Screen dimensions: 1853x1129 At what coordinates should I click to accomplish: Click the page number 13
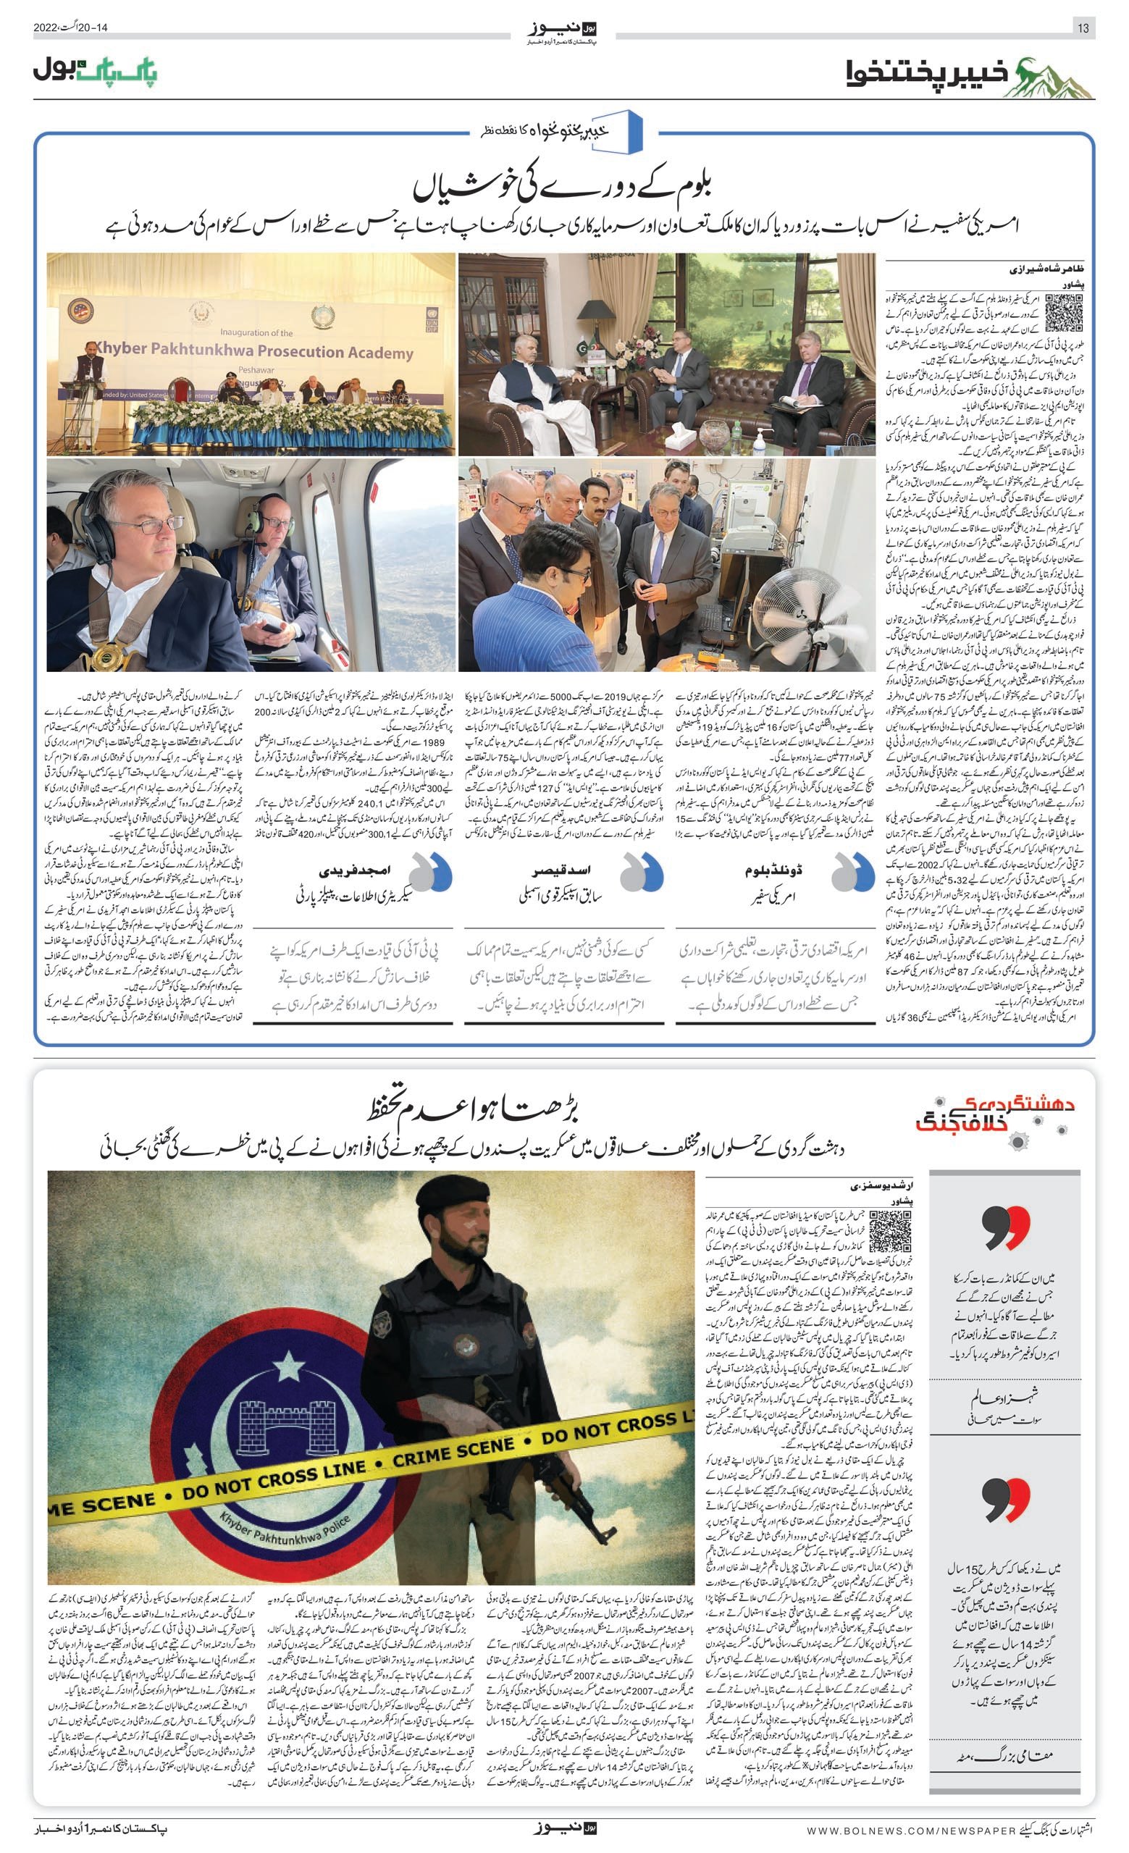click(x=1083, y=28)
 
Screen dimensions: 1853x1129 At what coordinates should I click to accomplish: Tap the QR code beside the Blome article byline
click(x=1064, y=313)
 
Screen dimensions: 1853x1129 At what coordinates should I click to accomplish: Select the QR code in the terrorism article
click(x=890, y=1232)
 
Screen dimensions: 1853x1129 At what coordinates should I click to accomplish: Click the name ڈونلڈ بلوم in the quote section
click(x=773, y=871)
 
